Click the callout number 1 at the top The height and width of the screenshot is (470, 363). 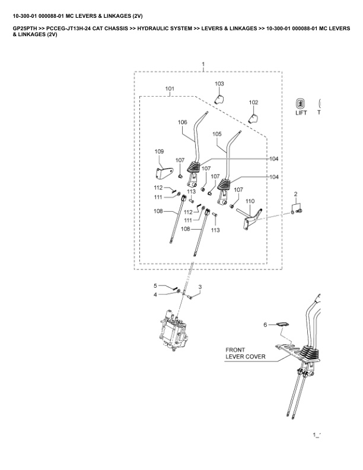click(203, 63)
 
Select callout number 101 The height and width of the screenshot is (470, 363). click(170, 89)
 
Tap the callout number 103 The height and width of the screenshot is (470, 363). click(219, 84)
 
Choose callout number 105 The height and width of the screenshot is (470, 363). click(216, 134)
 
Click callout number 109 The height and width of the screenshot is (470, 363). click(159, 152)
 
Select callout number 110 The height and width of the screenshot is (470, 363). click(250, 201)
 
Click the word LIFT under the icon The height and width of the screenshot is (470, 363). click(301, 113)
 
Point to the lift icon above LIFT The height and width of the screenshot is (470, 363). click(301, 103)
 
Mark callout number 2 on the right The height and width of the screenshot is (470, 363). click(295, 195)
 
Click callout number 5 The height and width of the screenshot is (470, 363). click(155, 285)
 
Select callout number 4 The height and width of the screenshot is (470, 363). click(155, 294)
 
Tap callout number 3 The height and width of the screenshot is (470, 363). click(200, 287)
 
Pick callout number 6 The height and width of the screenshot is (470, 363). click(266, 325)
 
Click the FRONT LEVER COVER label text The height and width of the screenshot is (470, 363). click(245, 354)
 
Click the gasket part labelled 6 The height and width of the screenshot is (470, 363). click(283, 325)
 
